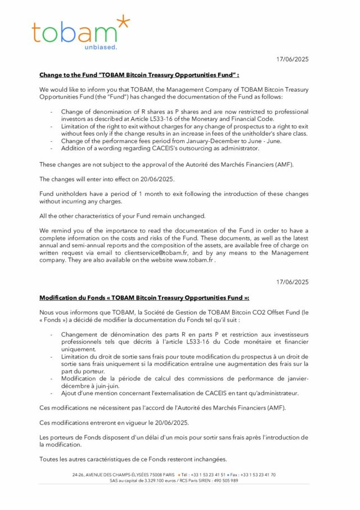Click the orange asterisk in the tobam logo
coord(121,24)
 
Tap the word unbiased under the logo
coord(101,48)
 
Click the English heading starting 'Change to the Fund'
coord(139,75)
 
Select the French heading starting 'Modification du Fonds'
coord(144,298)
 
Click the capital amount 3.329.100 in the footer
coord(148,481)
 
